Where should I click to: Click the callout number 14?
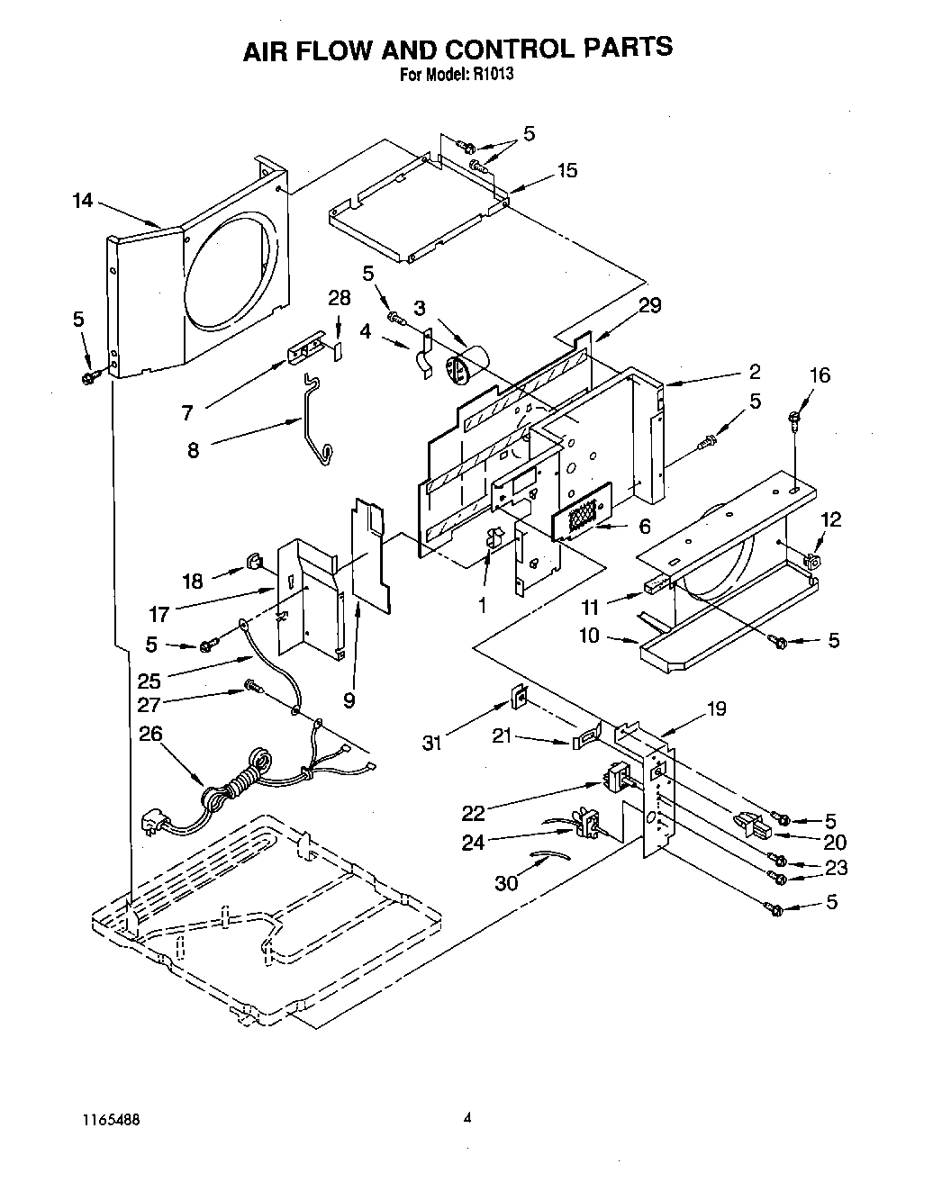pos(83,200)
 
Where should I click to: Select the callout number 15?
pos(567,170)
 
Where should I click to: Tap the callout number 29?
pos(649,306)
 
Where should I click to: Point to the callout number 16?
pos(820,374)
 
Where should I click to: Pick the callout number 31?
pos(434,742)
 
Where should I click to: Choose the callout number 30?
pos(506,882)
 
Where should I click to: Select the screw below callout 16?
pos(795,416)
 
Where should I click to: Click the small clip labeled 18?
pos(251,564)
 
